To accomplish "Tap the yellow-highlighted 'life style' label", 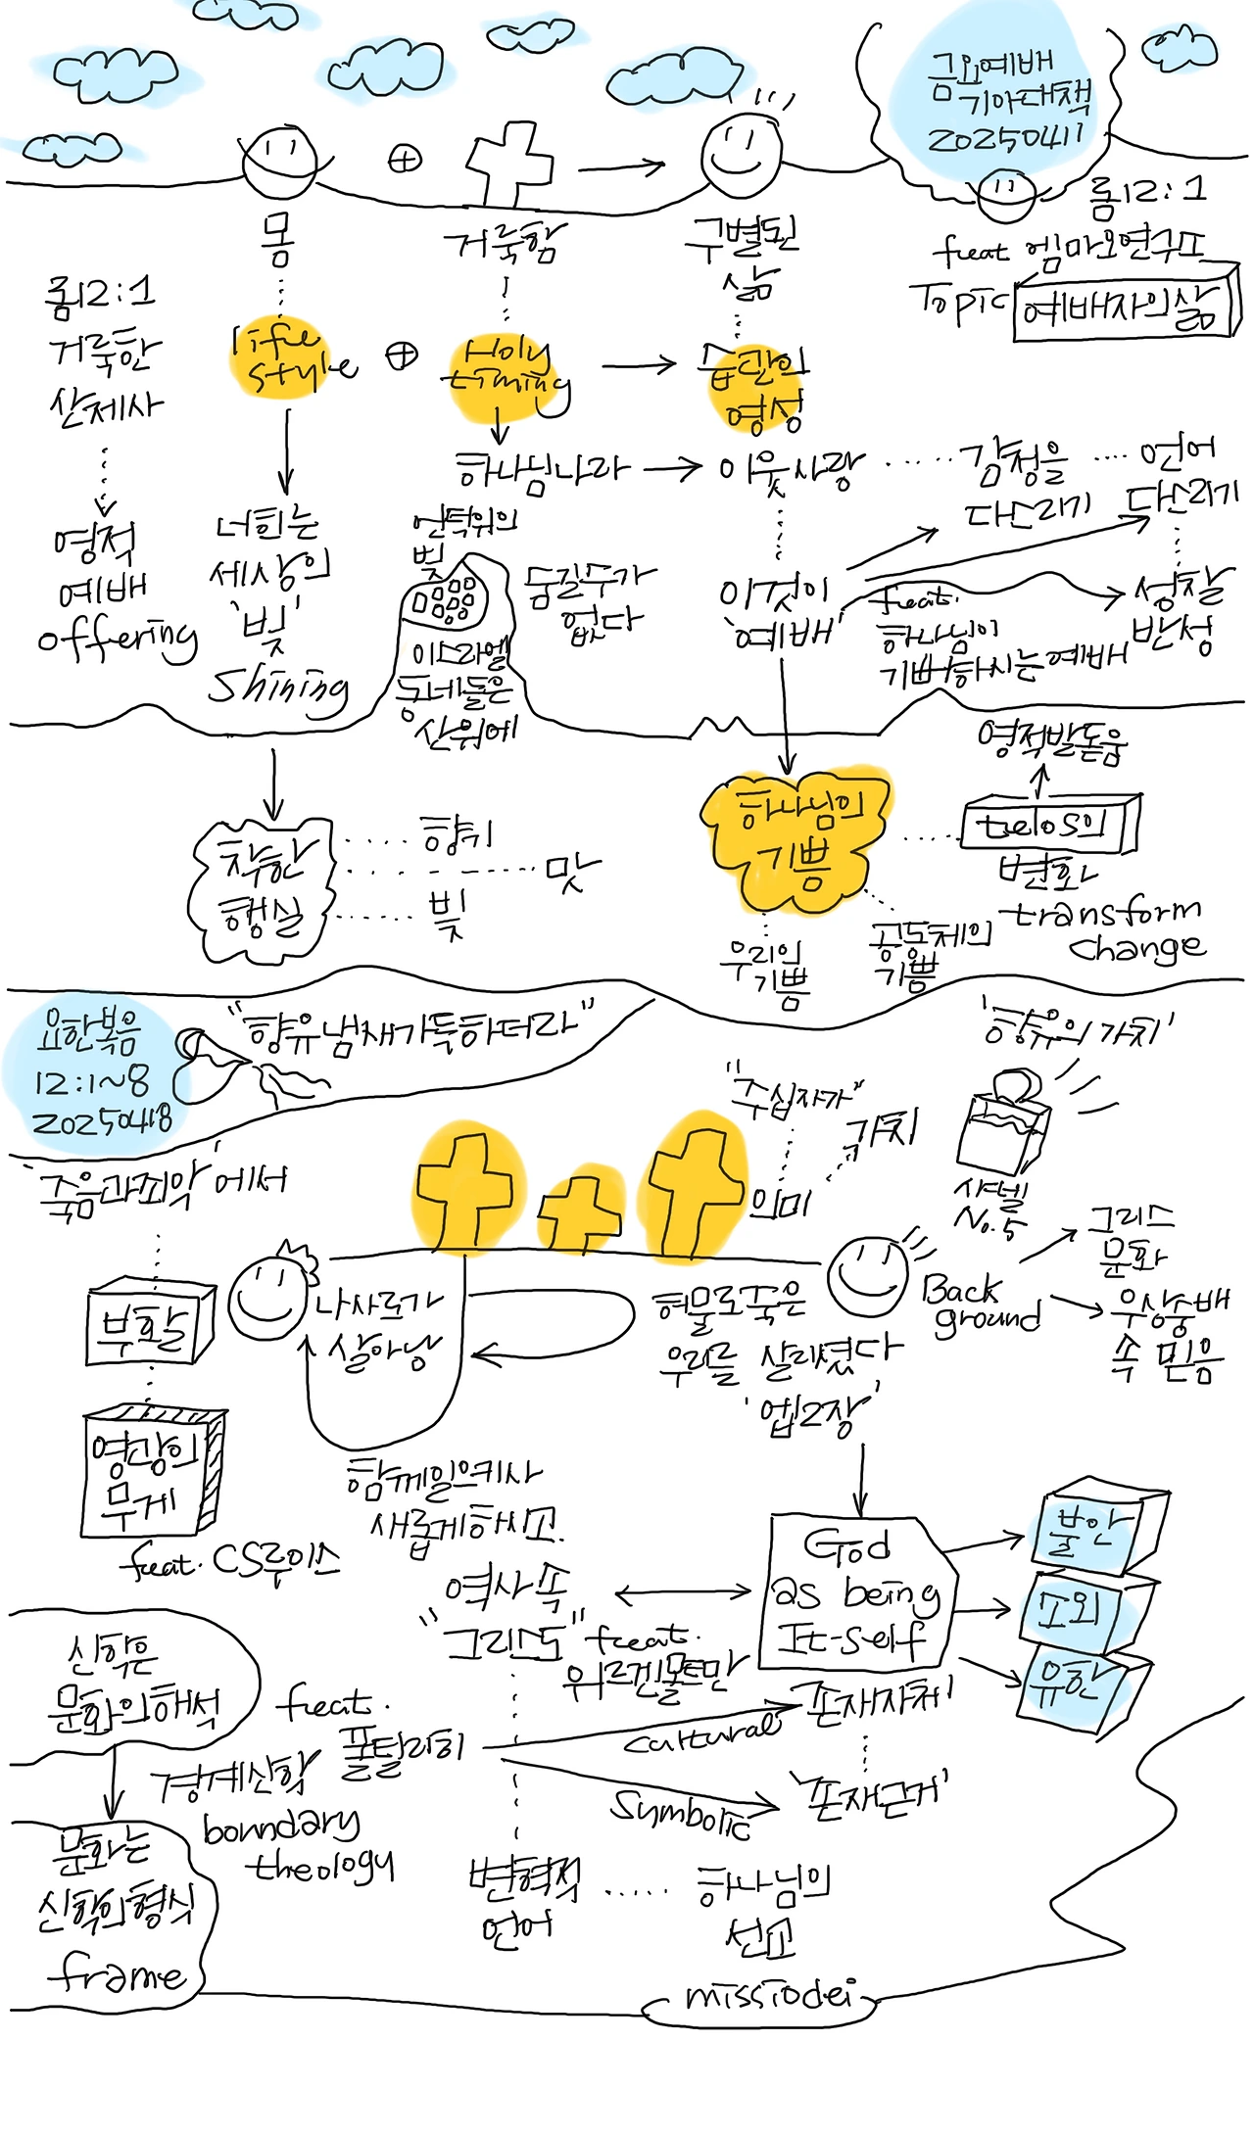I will pyautogui.click(x=292, y=358).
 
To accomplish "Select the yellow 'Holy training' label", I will pyautogui.click(x=506, y=371).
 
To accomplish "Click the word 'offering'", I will pyautogui.click(x=118, y=641).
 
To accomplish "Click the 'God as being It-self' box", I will pyautogui.click(x=854, y=1592).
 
